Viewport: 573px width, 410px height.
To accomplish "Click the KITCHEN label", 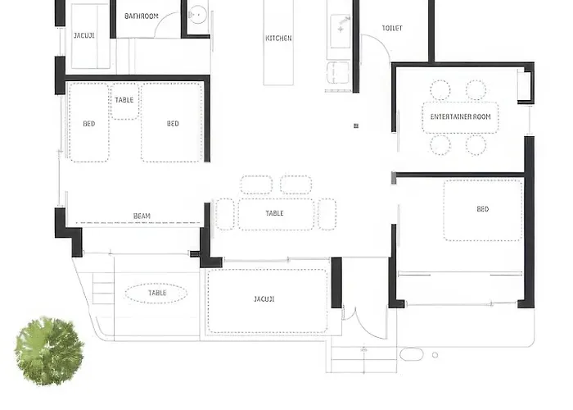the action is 278,38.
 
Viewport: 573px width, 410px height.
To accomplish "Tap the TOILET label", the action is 392,28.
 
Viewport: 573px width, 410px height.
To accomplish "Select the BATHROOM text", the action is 142,16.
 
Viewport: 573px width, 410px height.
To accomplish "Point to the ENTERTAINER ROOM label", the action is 460,116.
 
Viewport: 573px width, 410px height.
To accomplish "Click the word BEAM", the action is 142,216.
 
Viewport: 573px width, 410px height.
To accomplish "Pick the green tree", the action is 49,351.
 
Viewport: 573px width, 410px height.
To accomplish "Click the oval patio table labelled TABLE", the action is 156,293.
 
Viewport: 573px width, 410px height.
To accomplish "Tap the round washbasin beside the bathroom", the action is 198,16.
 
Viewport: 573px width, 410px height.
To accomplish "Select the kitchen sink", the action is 341,31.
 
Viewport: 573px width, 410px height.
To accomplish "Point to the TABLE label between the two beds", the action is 124,100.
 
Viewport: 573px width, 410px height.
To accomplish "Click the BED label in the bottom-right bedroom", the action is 483,209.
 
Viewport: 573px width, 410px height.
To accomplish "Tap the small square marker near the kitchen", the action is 356,126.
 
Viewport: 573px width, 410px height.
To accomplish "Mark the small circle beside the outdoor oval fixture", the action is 435,355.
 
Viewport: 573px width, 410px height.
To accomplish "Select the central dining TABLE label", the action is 274,213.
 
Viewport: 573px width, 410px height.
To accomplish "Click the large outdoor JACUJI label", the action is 264,299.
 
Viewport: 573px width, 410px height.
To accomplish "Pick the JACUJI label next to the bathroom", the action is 84,35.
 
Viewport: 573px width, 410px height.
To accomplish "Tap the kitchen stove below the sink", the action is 337,73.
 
